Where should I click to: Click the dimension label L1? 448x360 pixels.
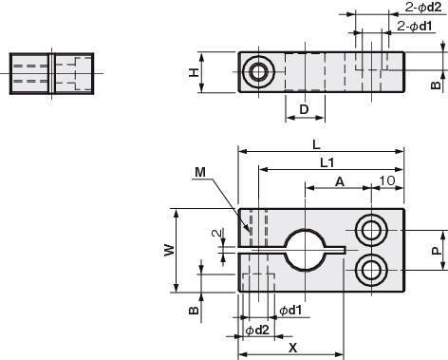click(327, 163)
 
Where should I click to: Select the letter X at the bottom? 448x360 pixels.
click(293, 349)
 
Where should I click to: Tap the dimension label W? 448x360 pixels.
click(170, 250)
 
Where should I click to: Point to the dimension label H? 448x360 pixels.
click(194, 72)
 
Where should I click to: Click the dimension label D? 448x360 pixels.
click(304, 109)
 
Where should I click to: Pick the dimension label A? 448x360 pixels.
click(340, 181)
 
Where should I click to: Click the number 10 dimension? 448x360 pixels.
click(387, 180)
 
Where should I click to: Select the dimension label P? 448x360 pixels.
click(436, 251)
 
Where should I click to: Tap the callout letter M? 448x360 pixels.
click(200, 173)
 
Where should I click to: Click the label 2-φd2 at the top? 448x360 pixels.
click(423, 7)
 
